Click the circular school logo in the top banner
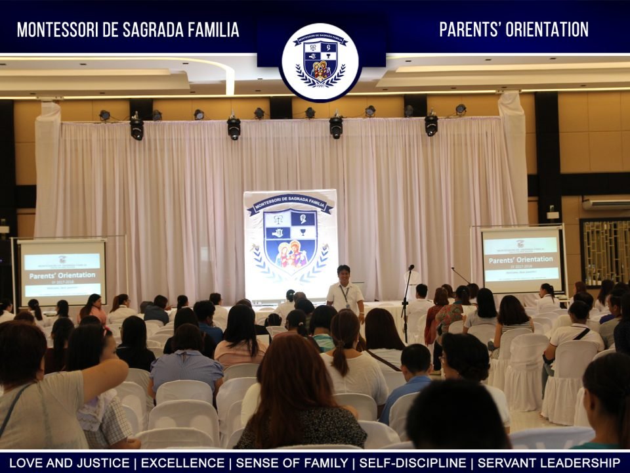[x=320, y=62]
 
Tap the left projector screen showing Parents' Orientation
[x=62, y=269]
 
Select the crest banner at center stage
[x=290, y=243]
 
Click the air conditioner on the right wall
[x=605, y=204]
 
